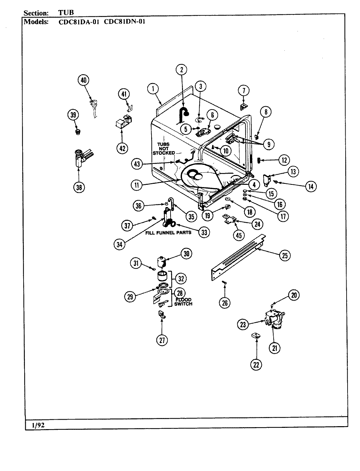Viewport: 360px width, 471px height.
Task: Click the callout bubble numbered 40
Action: click(x=84, y=80)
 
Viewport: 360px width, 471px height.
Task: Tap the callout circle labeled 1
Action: click(x=153, y=88)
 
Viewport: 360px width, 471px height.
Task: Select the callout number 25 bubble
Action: click(x=284, y=255)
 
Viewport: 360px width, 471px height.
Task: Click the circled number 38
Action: click(x=79, y=187)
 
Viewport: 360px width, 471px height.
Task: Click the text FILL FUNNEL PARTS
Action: click(x=168, y=233)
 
